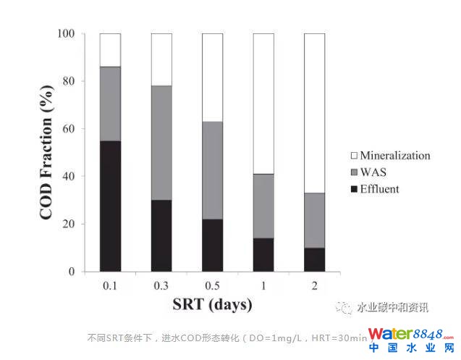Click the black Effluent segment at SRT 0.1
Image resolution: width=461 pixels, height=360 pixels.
point(110,206)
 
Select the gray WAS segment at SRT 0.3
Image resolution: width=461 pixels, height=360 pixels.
point(161,143)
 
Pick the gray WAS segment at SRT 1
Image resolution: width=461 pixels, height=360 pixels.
point(263,206)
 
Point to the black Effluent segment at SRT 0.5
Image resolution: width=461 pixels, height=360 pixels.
point(212,245)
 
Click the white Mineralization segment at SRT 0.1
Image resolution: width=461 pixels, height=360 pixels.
point(110,50)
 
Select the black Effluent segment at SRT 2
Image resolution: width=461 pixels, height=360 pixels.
point(314,259)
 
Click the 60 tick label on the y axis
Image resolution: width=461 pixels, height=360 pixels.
point(69,129)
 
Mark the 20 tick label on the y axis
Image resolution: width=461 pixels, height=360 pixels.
point(69,225)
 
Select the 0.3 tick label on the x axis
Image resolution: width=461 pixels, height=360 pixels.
point(161,285)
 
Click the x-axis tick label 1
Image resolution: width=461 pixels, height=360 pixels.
point(263,285)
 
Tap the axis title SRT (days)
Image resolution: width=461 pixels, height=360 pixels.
point(211,304)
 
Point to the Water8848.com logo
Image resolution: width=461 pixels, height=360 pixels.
point(410,339)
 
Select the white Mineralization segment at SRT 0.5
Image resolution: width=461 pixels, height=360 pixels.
point(212,78)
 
